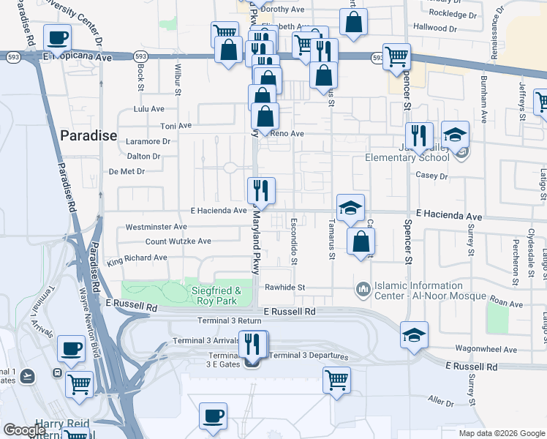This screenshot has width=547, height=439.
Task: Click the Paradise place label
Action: (88, 135)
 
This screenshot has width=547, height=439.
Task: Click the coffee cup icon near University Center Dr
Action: (57, 37)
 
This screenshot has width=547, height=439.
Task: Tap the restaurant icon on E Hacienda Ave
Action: (261, 190)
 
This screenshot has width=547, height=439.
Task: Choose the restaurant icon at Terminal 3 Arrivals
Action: (254, 344)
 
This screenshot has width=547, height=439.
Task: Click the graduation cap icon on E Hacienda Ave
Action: (350, 207)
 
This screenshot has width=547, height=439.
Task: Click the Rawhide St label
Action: (284, 288)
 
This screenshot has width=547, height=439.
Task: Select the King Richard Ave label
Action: (137, 258)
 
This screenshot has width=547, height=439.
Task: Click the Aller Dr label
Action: (441, 402)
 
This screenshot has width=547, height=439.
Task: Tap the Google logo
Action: (24, 431)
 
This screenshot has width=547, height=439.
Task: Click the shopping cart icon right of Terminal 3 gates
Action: (336, 380)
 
